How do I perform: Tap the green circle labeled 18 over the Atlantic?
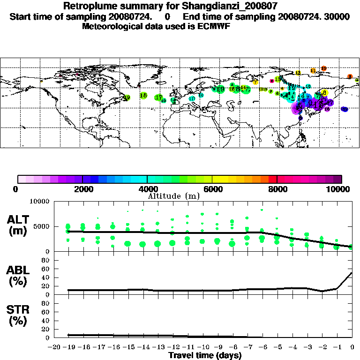click(x=143, y=96)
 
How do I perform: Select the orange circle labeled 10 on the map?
click(x=323, y=68)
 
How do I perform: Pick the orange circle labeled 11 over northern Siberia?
click(x=313, y=71)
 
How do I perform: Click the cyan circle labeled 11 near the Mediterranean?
click(x=192, y=99)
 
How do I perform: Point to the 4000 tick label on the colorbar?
click(x=147, y=189)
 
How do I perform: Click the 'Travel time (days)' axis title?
click(x=205, y=355)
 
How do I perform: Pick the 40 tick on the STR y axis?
click(x=46, y=321)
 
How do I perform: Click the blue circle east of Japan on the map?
click(x=345, y=109)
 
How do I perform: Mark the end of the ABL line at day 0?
click(x=352, y=272)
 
